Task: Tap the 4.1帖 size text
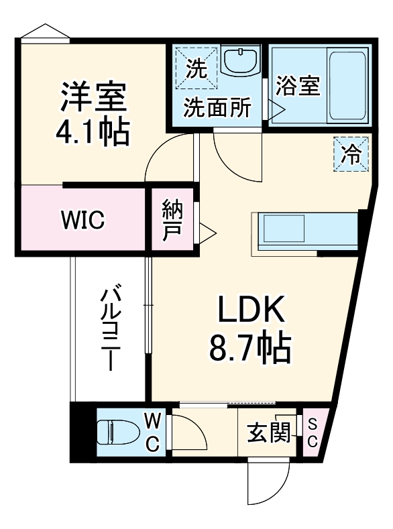93,132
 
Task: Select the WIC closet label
82,220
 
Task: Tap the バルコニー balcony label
111,329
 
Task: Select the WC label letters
153,432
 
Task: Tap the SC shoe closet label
313,432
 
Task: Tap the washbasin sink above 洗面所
239,62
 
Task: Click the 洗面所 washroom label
218,107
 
